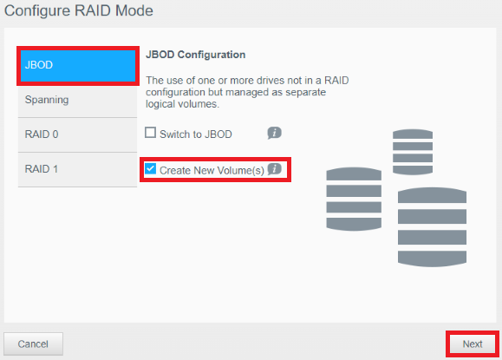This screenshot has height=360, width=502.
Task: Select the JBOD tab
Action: pyautogui.click(x=78, y=65)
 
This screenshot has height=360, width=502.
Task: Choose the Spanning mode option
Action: pyautogui.click(x=78, y=101)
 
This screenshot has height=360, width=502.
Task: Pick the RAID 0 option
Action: pyautogui.click(x=78, y=134)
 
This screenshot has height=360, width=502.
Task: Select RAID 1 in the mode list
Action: pyautogui.click(x=78, y=169)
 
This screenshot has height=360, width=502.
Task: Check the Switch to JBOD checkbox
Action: pyautogui.click(x=150, y=133)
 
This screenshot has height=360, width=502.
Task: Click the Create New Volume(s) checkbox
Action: pyautogui.click(x=150, y=169)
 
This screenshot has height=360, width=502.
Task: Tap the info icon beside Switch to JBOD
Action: pyautogui.click(x=274, y=133)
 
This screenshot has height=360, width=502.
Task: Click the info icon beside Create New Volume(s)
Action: pyautogui.click(x=274, y=169)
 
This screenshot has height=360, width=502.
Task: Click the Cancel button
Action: pyautogui.click(x=33, y=344)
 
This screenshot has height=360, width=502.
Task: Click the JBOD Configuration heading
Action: pyautogui.click(x=196, y=55)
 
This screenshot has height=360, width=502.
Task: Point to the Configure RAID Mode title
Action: pyautogui.click(x=79, y=10)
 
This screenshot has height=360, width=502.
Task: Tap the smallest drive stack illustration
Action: pyautogui.click(x=413, y=152)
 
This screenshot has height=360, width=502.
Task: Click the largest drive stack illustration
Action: pyautogui.click(x=433, y=227)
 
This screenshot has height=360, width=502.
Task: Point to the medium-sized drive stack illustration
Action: pyautogui.click(x=354, y=199)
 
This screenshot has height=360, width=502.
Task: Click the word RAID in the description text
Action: pyautogui.click(x=336, y=80)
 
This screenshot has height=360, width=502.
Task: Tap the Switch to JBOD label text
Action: pyautogui.click(x=196, y=134)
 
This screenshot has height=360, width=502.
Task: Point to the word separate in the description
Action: pyautogui.click(x=305, y=92)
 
